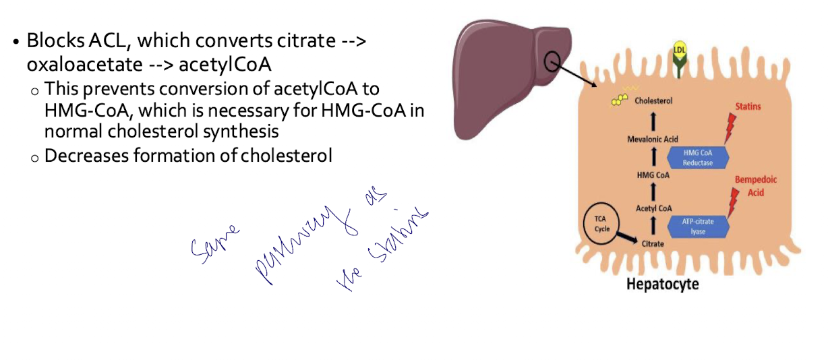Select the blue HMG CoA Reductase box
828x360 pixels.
[697, 157]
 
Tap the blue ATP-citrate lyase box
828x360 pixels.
[697, 225]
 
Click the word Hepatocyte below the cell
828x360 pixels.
[662, 284]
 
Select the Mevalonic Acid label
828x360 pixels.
[652, 139]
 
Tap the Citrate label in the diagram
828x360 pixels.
[653, 243]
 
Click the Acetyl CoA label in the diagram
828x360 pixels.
[653, 208]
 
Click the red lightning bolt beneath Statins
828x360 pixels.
[730, 128]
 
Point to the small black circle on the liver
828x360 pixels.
[552, 61]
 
